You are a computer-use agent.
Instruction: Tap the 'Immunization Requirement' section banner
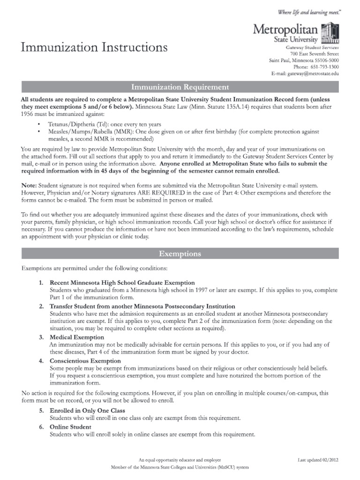(x=180, y=87)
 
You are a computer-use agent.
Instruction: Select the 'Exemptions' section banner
(x=180, y=254)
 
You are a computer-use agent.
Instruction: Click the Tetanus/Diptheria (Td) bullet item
(x=105, y=125)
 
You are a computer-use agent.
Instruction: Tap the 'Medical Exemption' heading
(x=77, y=337)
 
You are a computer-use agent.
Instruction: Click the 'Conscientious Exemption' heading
(x=85, y=360)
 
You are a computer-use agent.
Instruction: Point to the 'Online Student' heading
(x=71, y=427)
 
